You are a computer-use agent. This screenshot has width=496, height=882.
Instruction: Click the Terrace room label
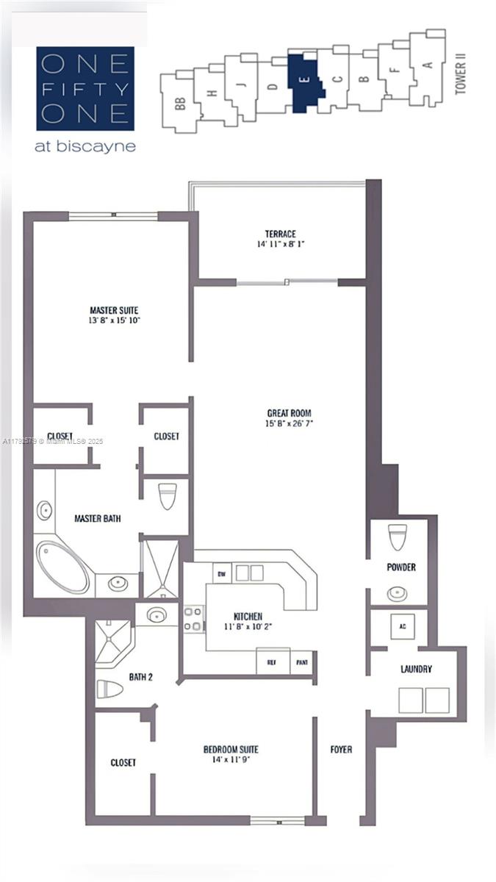pos(281,234)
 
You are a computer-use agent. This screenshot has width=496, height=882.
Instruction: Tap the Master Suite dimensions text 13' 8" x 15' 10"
pos(114,320)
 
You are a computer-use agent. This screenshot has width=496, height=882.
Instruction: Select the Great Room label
pos(283,413)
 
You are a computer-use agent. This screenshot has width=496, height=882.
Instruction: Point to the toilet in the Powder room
pos(398,537)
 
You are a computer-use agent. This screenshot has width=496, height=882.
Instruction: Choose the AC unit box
pos(402,627)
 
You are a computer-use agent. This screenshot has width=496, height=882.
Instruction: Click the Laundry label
pos(416,669)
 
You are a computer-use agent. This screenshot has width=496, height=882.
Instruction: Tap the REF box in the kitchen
pos(272,661)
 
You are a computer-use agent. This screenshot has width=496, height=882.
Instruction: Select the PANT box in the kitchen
pos(302,661)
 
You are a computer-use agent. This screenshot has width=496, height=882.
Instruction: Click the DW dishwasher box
pos(220,573)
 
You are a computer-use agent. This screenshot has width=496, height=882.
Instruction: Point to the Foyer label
pos(341,750)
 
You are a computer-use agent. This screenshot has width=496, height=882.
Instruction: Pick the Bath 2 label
pos(140,676)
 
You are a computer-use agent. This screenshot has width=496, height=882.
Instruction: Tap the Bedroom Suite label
pos(231,750)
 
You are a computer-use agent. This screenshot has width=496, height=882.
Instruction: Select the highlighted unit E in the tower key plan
pos(307,82)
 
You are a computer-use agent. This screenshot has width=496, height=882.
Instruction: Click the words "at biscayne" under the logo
pos(85,146)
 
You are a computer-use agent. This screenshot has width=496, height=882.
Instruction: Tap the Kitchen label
pos(248,616)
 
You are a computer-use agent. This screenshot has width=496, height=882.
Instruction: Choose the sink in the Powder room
pos(397,592)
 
